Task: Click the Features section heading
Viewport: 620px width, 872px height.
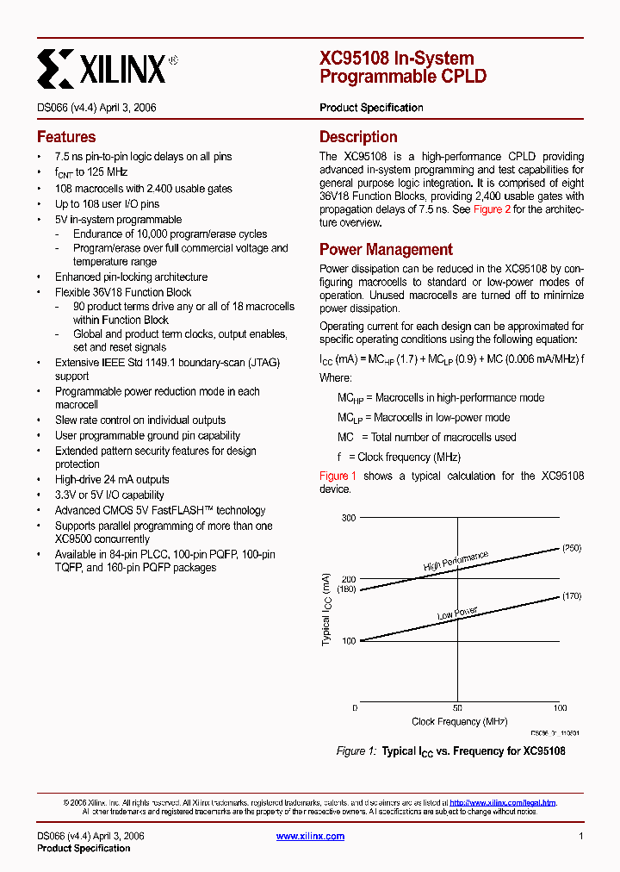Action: pyautogui.click(x=66, y=137)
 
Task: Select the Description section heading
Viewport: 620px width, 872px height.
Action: pyautogui.click(x=358, y=137)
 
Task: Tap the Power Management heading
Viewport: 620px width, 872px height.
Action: pyautogui.click(x=386, y=250)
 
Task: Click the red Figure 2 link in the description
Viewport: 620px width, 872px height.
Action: pyautogui.click(x=492, y=209)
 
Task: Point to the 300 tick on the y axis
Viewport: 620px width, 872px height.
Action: pyautogui.click(x=348, y=517)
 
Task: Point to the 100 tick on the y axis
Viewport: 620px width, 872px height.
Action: pyautogui.click(x=348, y=641)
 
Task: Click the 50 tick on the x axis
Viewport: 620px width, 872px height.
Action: pyautogui.click(x=458, y=708)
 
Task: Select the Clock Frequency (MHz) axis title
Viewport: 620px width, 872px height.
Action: pyautogui.click(x=459, y=722)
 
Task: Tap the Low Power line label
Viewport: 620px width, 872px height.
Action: pyautogui.click(x=457, y=614)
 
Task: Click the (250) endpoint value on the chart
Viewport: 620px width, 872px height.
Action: pyautogui.click(x=572, y=548)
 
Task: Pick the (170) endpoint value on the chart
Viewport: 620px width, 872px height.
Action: pyautogui.click(x=572, y=596)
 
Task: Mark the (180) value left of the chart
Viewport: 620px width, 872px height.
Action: pyautogui.click(x=346, y=589)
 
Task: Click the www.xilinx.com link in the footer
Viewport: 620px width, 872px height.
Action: pyautogui.click(x=310, y=836)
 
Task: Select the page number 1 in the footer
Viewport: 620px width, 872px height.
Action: pyautogui.click(x=581, y=836)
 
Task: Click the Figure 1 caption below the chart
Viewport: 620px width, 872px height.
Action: pyautogui.click(x=450, y=751)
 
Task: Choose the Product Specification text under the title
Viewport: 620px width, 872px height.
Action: pyautogui.click(x=371, y=108)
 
